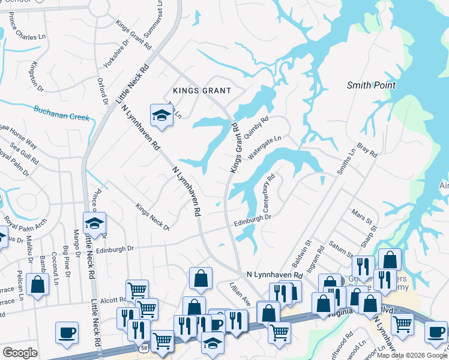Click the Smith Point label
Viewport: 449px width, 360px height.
pyautogui.click(x=371, y=85)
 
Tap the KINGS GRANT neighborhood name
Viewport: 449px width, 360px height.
pyautogui.click(x=202, y=91)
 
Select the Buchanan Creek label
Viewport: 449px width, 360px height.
pyautogui.click(x=62, y=111)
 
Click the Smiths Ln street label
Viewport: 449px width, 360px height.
pyautogui.click(x=346, y=161)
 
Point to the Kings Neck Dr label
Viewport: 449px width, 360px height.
pyautogui.click(x=152, y=217)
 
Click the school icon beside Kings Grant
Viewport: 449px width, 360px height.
pyautogui.click(x=161, y=114)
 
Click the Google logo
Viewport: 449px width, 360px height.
pyautogui.click(x=20, y=353)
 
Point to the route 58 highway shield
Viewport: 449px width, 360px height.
pyautogui.click(x=145, y=347)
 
